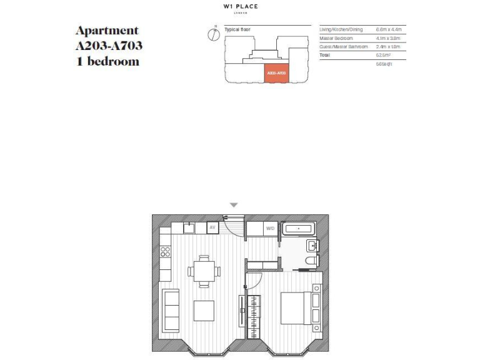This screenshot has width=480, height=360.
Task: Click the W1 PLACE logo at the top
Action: coord(240,7)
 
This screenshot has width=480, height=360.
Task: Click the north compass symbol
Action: coord(214,34)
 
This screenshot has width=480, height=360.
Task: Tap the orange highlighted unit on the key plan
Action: coord(276,72)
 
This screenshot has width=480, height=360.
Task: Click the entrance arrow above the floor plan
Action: coord(234,205)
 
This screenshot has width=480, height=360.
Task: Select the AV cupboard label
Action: coord(212,227)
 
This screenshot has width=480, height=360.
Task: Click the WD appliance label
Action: coord(270,228)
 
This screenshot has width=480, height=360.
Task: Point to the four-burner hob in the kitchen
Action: coord(166,251)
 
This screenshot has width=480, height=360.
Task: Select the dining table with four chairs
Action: coord(204,271)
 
